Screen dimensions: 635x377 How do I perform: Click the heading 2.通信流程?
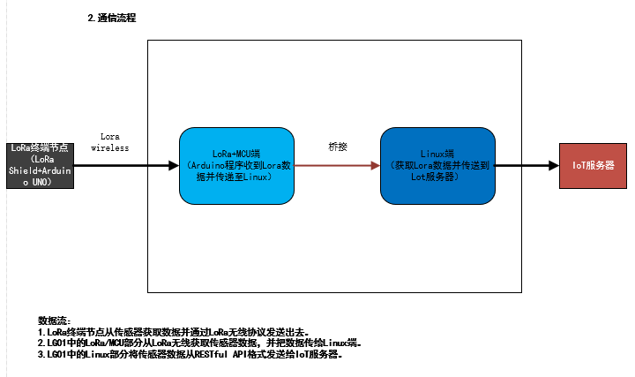(112, 18)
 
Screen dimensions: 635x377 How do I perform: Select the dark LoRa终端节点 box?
(40, 165)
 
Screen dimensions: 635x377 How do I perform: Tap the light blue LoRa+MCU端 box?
(236, 166)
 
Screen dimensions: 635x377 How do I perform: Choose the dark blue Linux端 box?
(437, 166)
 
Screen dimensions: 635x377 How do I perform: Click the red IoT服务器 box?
(593, 165)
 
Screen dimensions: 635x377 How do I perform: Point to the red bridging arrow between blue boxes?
(337, 165)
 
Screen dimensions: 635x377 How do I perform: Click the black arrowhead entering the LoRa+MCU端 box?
(174, 165)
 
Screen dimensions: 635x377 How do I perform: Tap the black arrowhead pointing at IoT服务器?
(554, 165)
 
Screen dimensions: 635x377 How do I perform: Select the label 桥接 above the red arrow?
(338, 147)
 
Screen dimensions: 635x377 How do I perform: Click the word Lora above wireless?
(110, 137)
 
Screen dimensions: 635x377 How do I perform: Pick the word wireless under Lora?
(110, 148)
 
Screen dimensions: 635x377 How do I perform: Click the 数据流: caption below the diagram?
(55, 320)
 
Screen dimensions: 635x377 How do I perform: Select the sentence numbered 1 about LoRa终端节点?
(174, 332)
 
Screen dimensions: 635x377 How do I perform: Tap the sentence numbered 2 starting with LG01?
(199, 343)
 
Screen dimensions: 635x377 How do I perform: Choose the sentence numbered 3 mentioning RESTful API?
(190, 354)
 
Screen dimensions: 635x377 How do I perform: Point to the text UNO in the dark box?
(40, 182)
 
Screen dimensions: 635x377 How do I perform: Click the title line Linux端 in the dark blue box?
(437, 154)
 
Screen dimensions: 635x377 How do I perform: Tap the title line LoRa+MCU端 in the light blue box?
(236, 154)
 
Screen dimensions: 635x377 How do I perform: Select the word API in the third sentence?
(240, 354)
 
